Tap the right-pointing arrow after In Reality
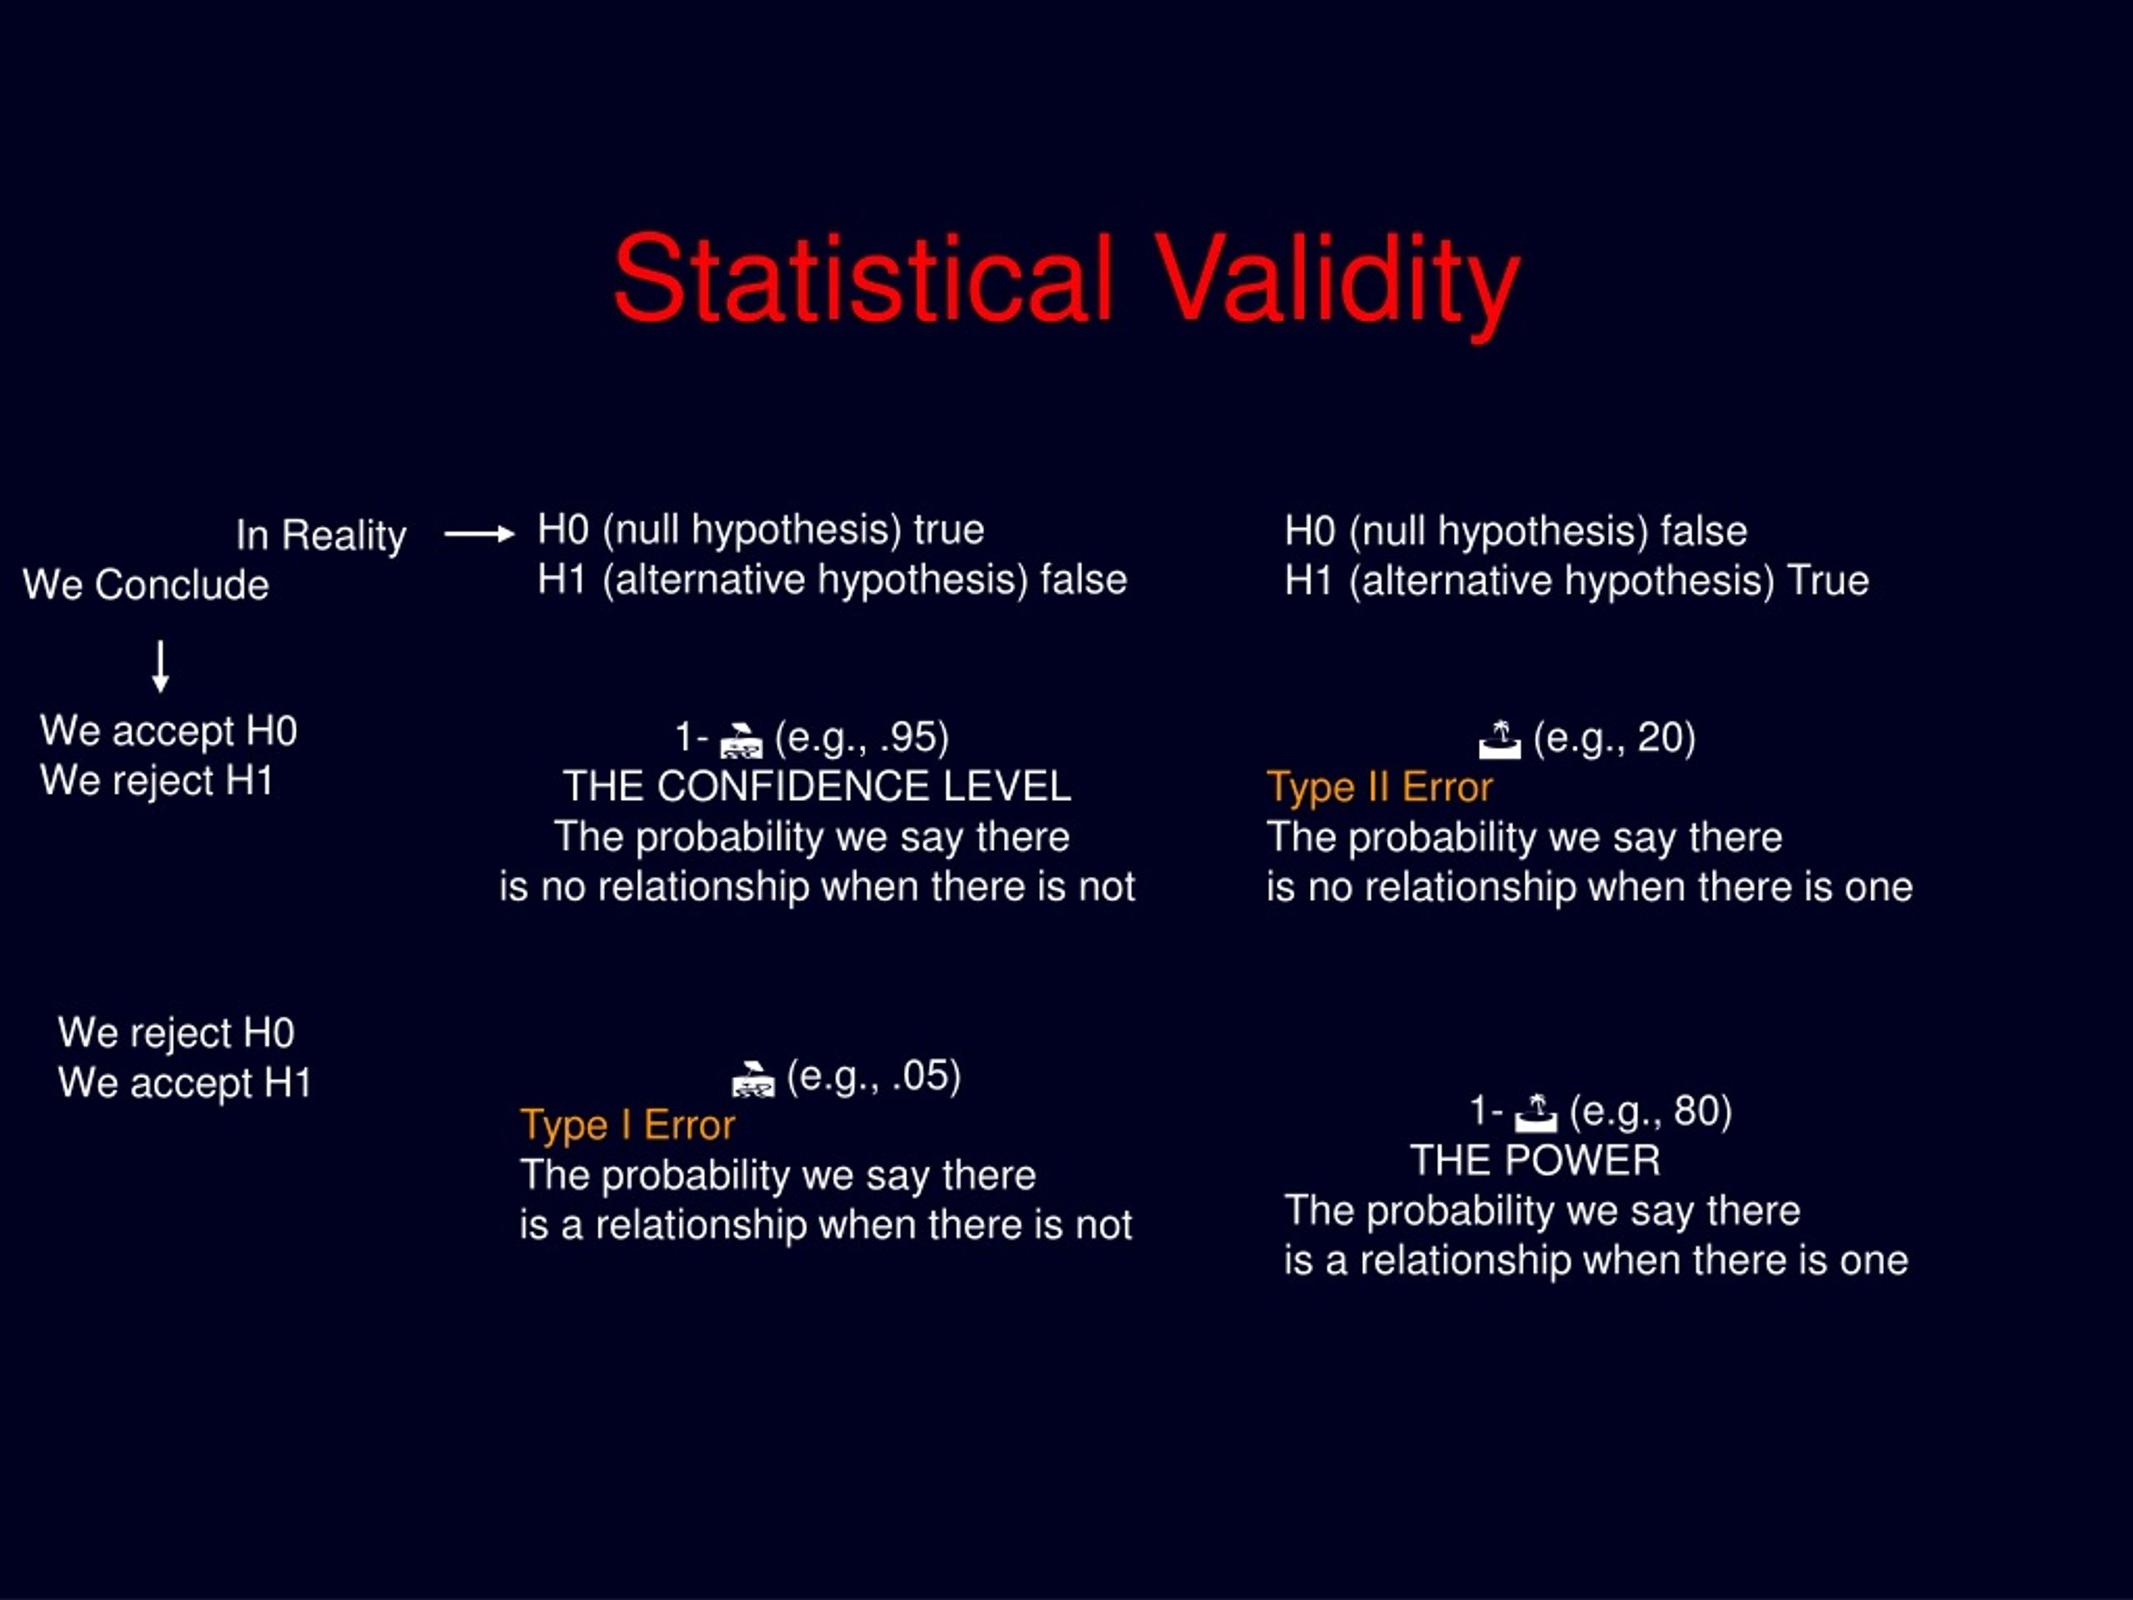479,533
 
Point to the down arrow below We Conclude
161,667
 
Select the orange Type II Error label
1379,788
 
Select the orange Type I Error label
627,1126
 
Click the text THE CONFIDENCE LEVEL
817,786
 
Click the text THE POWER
1535,1160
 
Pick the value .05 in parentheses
921,1077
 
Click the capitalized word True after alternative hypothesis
1828,581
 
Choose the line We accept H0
169,731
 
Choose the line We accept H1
185,1083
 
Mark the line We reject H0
177,1032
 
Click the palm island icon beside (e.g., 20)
1500,740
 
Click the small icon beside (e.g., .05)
753,1079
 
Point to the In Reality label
321,535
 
